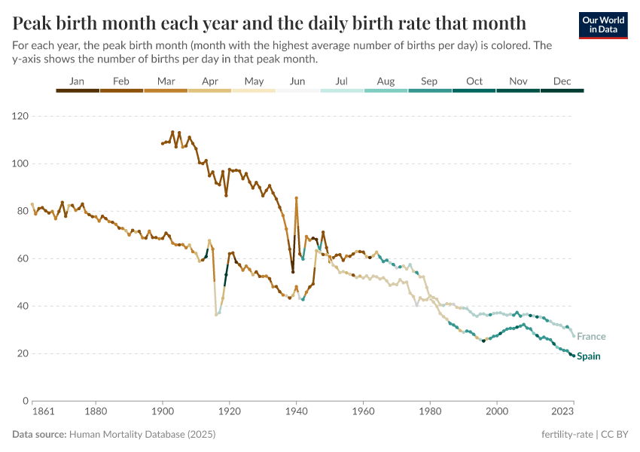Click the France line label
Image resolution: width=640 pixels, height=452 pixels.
point(590,337)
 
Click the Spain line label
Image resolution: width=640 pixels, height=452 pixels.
point(588,356)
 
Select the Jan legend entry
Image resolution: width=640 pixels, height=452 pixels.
point(77,81)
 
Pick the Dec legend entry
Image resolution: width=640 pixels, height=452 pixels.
point(562,81)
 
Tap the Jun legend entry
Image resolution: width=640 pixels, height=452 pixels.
point(297,81)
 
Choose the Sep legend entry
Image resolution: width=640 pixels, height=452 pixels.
point(429,81)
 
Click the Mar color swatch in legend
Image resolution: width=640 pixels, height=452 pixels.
point(166,90)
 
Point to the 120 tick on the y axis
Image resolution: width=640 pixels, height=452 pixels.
point(20,116)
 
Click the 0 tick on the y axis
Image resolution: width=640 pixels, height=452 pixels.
point(25,401)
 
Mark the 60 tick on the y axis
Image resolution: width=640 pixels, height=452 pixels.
point(23,258)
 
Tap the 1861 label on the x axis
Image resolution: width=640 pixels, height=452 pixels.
point(33,412)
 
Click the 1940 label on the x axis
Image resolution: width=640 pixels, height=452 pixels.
point(296,412)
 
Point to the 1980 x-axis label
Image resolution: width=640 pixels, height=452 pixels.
point(430,412)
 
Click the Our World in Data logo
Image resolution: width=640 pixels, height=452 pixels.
point(602,25)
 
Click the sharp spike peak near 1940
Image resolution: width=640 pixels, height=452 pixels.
point(297,198)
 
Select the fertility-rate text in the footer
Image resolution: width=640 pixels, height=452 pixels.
point(565,435)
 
